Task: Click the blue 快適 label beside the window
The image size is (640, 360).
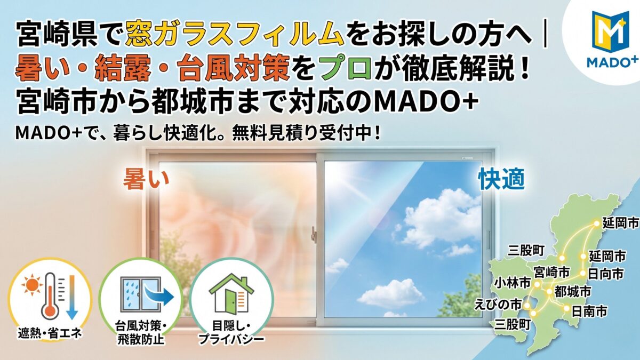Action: point(502,180)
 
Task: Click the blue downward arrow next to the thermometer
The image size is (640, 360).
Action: point(73,297)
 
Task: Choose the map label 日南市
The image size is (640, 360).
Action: point(589,311)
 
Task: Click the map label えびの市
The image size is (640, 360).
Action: point(498,305)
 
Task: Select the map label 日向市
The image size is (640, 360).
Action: point(605,274)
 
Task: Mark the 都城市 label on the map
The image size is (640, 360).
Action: point(573,292)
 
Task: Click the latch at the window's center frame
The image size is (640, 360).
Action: point(314,234)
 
